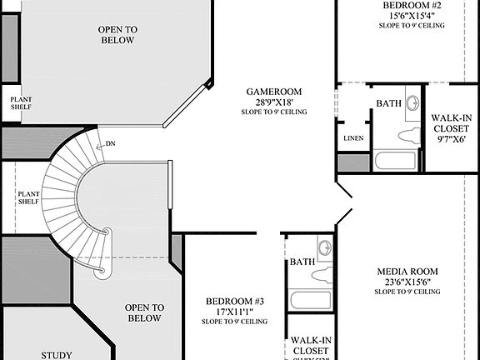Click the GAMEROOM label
273,92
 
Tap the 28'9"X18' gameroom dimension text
273,102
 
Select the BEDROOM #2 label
411,4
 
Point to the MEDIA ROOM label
407,272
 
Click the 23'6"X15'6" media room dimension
407,282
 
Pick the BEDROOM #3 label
235,301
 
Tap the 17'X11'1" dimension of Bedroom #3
235,311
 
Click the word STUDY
57,353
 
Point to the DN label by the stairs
111,143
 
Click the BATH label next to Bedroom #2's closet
388,103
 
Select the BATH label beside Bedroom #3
302,262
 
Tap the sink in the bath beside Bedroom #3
324,247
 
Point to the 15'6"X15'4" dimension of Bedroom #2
411,15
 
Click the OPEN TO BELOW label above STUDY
142,312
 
